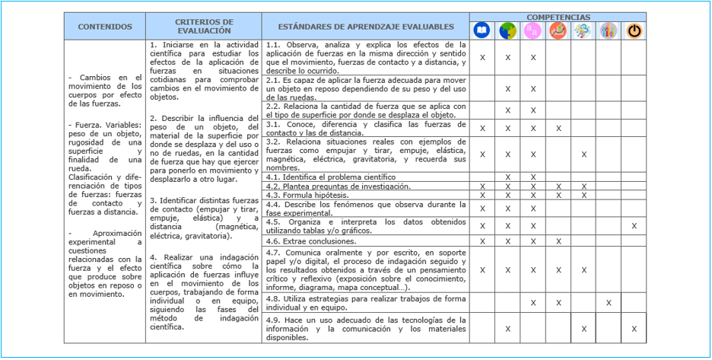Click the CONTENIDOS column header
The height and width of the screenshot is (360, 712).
[105, 27]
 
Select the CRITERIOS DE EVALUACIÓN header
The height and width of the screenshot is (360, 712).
[204, 27]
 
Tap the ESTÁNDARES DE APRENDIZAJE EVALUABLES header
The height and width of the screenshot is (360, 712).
[365, 27]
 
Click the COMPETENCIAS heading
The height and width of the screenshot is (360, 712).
[558, 16]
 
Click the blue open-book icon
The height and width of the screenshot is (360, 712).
[482, 30]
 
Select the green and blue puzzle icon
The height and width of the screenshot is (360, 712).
[507, 30]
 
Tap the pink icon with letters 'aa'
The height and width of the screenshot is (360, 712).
[533, 30]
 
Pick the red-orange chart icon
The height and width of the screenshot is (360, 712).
[558, 30]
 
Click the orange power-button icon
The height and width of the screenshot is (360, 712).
[634, 30]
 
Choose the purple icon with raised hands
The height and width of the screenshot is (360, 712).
[609, 30]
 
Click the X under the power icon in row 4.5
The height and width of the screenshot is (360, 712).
[634, 225]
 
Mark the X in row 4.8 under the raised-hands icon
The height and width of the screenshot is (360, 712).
[609, 302]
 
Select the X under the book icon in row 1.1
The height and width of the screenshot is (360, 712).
[482, 57]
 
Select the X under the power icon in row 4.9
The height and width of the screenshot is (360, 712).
[634, 328]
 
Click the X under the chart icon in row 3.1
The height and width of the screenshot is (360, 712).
[558, 128]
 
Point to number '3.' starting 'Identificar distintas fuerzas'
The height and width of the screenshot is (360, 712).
[154, 200]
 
